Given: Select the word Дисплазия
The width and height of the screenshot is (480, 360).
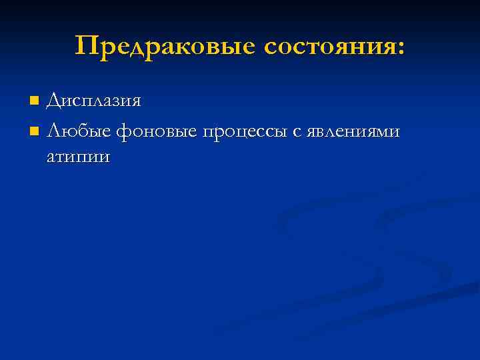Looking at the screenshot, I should click(93, 101).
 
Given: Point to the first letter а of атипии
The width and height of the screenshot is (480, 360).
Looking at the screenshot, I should click(51, 158).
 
